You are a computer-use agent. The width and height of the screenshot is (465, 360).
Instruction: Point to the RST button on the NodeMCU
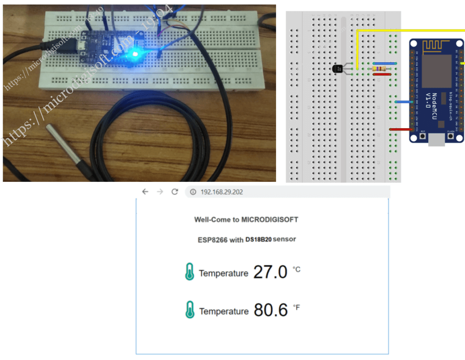[423, 135]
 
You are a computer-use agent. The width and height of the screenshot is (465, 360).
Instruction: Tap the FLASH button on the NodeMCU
[450, 135]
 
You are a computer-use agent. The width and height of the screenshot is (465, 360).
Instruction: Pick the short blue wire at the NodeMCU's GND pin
[404, 102]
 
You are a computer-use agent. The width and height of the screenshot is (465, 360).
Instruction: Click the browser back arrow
[145, 192]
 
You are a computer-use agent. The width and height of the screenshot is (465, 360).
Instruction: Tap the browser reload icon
[174, 192]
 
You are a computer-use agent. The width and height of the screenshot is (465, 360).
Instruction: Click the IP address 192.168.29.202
[222, 192]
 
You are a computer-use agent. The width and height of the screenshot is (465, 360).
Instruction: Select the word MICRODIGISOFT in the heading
[270, 220]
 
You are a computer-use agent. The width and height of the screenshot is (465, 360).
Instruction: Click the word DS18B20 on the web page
[258, 239]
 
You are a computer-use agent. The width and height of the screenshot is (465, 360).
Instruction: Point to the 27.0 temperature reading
[270, 272]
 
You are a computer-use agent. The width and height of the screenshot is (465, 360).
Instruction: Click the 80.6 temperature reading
[271, 310]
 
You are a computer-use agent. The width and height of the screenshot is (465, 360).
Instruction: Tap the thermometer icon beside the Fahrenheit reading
[190, 310]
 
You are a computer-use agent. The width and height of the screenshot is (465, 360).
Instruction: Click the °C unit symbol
[297, 270]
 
